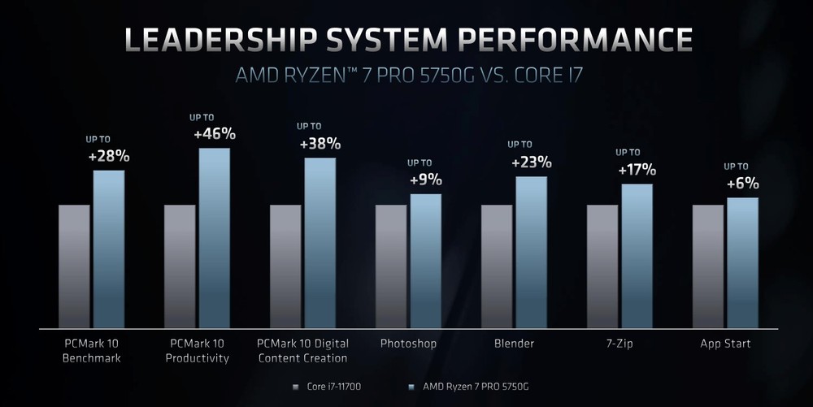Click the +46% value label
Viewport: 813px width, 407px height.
(x=214, y=133)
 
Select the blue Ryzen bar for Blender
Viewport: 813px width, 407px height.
(x=531, y=252)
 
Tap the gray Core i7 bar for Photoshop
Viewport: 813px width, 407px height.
(x=391, y=266)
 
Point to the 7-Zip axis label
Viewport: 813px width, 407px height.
(x=619, y=344)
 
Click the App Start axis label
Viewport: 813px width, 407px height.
(x=725, y=344)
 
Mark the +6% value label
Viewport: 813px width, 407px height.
(x=741, y=184)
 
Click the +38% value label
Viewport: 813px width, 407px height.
(x=320, y=144)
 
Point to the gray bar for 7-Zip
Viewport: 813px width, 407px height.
(x=602, y=266)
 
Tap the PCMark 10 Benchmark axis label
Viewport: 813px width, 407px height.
(x=91, y=350)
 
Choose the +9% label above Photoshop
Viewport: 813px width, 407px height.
(x=424, y=180)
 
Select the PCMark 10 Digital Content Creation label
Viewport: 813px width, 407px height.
(x=302, y=350)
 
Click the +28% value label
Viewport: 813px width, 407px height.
(x=109, y=156)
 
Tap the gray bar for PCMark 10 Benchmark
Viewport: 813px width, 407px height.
(x=74, y=266)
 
